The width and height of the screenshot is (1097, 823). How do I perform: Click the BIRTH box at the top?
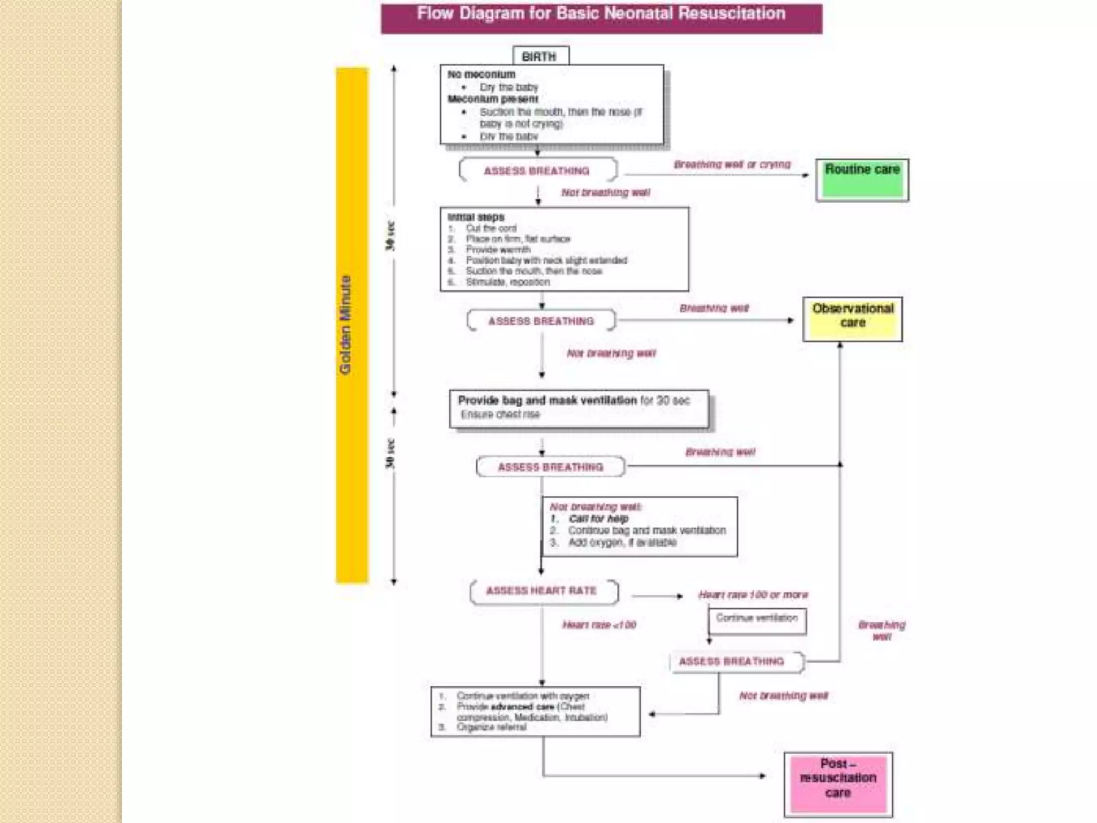(x=540, y=56)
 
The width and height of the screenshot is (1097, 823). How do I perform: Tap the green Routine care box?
(x=862, y=180)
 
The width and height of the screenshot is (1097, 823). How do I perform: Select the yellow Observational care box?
(x=852, y=319)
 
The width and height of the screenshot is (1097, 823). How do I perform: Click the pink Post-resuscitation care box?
(x=838, y=784)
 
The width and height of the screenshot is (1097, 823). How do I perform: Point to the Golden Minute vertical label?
(x=346, y=325)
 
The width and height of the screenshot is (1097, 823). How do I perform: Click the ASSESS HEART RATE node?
(x=542, y=590)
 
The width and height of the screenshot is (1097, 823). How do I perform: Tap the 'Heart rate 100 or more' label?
(x=753, y=595)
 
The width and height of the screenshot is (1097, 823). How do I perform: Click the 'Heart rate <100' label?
(x=599, y=625)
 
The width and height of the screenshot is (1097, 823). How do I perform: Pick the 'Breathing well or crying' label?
(x=732, y=164)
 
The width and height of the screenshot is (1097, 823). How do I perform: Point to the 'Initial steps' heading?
(x=476, y=217)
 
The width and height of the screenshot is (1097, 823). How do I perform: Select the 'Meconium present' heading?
(x=492, y=99)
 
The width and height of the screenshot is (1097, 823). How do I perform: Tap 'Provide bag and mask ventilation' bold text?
(x=547, y=400)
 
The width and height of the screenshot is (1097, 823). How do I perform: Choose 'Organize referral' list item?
(x=491, y=727)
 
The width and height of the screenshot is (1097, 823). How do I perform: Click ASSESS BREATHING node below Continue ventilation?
(x=732, y=662)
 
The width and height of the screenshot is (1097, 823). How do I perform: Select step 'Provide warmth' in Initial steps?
(x=498, y=250)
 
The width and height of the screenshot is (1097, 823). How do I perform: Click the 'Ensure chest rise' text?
(x=500, y=414)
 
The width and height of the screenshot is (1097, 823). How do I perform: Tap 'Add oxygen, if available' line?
(x=622, y=543)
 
